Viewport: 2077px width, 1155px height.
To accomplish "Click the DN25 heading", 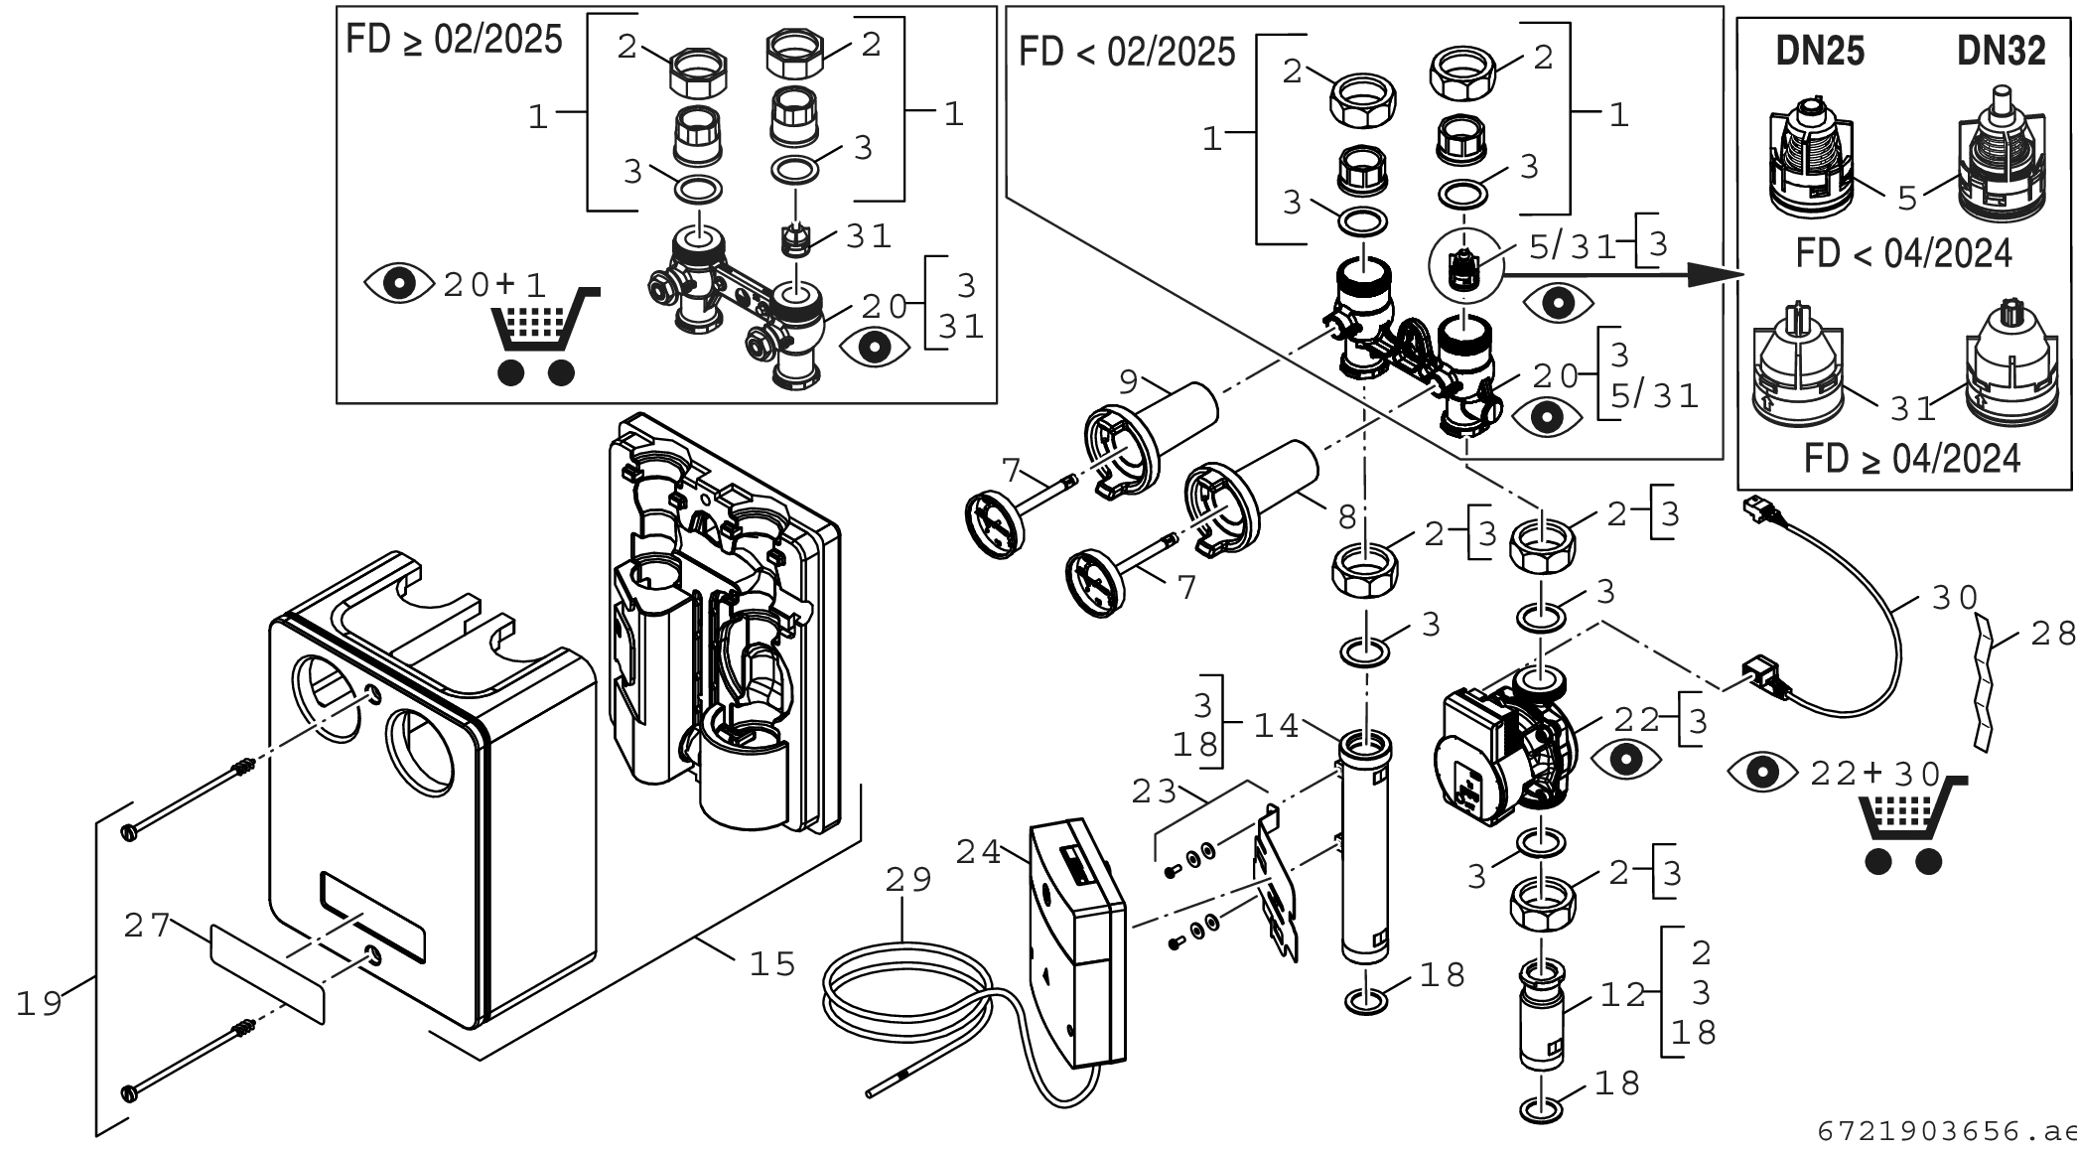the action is point(1820,52).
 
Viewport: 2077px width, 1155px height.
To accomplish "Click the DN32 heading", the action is point(2002,52).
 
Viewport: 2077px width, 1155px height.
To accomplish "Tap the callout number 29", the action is point(909,880).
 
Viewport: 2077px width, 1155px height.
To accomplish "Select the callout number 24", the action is point(980,852).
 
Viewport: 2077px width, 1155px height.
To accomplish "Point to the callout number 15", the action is point(772,963).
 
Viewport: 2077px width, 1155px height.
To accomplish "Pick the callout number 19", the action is point(40,1004).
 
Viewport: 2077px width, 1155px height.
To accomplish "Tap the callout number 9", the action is point(1128,379).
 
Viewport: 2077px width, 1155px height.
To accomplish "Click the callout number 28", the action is point(2053,634).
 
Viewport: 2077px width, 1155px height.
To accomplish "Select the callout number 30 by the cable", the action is point(1955,598).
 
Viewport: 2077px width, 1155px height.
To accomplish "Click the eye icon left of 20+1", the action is point(399,284).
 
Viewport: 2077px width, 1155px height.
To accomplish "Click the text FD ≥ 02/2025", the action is point(454,41).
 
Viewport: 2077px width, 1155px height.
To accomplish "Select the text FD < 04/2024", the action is point(1903,254).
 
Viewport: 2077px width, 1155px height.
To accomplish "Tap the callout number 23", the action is point(1155,793).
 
